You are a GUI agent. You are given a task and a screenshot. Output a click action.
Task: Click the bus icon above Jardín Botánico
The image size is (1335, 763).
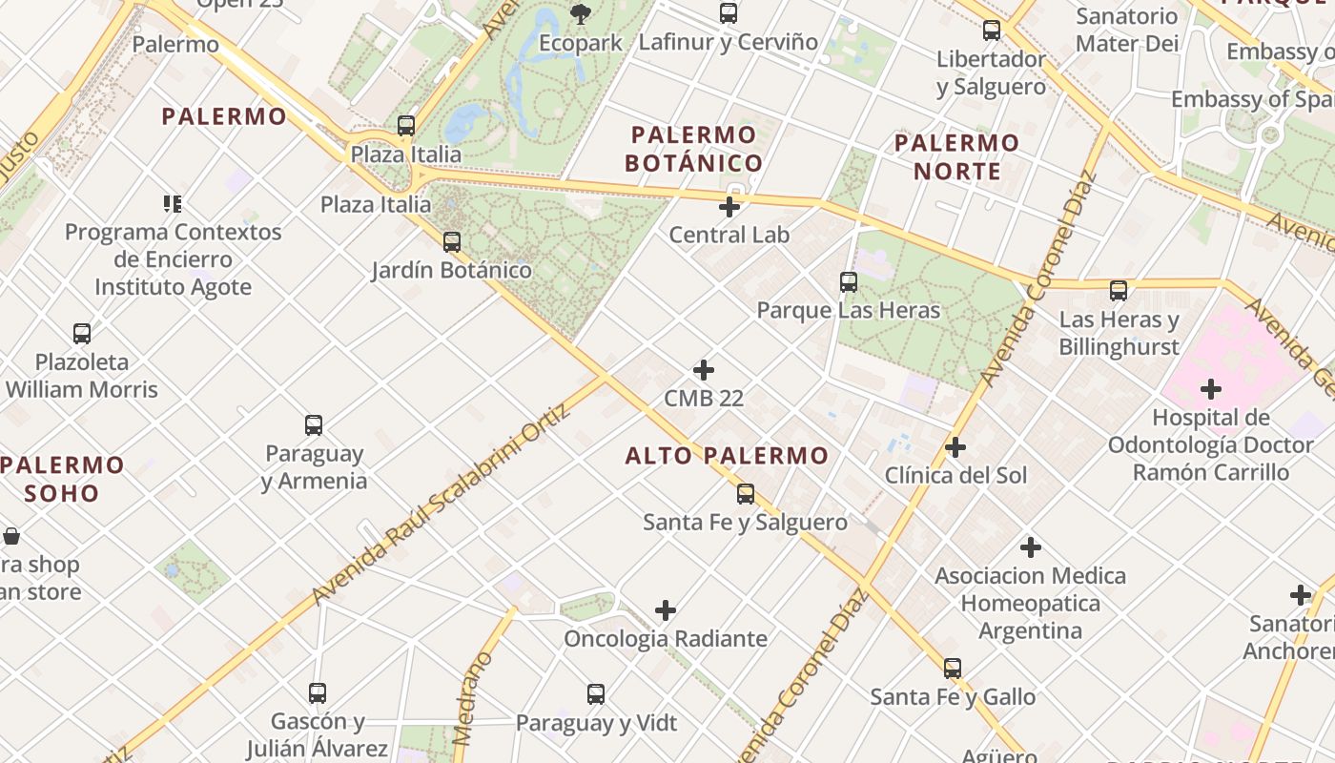pos(452,242)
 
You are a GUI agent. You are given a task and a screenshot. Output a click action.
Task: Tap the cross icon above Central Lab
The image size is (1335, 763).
pos(729,206)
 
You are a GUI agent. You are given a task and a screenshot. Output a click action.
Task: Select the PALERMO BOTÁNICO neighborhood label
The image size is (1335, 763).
pos(693,149)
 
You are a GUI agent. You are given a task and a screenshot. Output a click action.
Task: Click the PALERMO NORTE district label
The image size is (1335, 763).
pos(957,157)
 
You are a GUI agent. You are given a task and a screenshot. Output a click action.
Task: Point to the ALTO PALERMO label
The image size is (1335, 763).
pos(727,456)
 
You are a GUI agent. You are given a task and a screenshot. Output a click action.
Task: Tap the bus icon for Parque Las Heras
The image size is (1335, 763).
pos(849,282)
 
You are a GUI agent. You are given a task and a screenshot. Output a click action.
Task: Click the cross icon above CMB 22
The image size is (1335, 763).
pos(704,370)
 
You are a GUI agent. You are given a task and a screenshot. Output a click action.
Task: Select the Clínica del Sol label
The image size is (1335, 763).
pos(955,475)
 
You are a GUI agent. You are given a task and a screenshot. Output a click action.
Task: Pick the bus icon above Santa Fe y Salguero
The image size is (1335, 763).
pos(746,494)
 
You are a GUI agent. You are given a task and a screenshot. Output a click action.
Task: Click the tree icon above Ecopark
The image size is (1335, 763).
pos(580,13)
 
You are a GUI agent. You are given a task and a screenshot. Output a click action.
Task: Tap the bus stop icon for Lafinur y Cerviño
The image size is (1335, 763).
pos(729,13)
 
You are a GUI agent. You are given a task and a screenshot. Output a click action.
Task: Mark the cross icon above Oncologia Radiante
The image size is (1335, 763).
pos(666,610)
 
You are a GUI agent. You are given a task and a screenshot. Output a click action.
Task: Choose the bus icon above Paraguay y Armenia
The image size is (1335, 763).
pos(314,425)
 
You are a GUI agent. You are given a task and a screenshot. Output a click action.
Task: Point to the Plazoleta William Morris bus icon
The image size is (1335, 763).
pos(82,334)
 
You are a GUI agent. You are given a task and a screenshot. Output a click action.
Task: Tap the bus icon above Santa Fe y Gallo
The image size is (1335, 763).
pos(953,669)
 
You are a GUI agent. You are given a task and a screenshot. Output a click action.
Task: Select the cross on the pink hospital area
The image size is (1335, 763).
pos(1211,389)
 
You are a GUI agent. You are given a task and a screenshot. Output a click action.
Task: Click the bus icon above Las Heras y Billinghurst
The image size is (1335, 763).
pos(1119,291)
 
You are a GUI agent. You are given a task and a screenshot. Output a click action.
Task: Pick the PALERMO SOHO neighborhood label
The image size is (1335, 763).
pos(63,480)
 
